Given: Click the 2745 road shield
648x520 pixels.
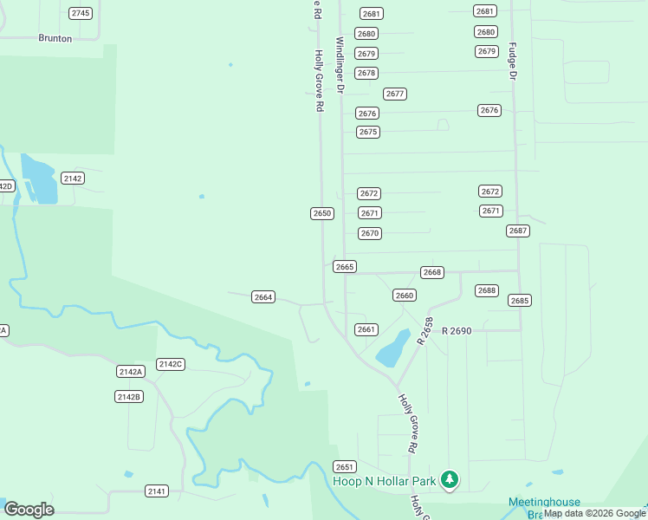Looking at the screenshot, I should (81, 13).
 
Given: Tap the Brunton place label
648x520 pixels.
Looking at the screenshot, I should (55, 38).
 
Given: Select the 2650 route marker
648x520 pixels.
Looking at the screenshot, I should (322, 213).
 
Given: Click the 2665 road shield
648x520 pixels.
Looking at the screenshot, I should (345, 267).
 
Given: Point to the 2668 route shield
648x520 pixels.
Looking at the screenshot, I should (432, 272).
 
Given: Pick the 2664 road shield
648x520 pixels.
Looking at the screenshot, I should (263, 297).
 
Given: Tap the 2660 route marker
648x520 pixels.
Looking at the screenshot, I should (405, 296).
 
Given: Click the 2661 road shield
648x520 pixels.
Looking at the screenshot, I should (366, 329).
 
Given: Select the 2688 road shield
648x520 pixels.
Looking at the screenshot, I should (487, 290).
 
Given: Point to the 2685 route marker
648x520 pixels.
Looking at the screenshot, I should (520, 301).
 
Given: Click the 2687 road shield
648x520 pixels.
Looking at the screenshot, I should (518, 231).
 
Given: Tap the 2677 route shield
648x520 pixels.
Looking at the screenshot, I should (395, 94).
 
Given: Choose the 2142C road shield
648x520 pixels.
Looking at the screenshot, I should (171, 364).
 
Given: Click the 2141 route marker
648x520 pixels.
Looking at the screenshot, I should (157, 491).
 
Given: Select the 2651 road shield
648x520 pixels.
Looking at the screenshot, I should (345, 466).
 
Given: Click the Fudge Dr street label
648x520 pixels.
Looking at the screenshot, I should (512, 62).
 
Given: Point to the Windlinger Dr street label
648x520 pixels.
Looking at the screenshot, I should (340, 66).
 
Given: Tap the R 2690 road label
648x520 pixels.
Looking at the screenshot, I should (456, 331).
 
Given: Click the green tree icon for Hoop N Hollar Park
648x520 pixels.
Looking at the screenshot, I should (449, 478).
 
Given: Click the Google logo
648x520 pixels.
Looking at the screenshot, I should (29, 510).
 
